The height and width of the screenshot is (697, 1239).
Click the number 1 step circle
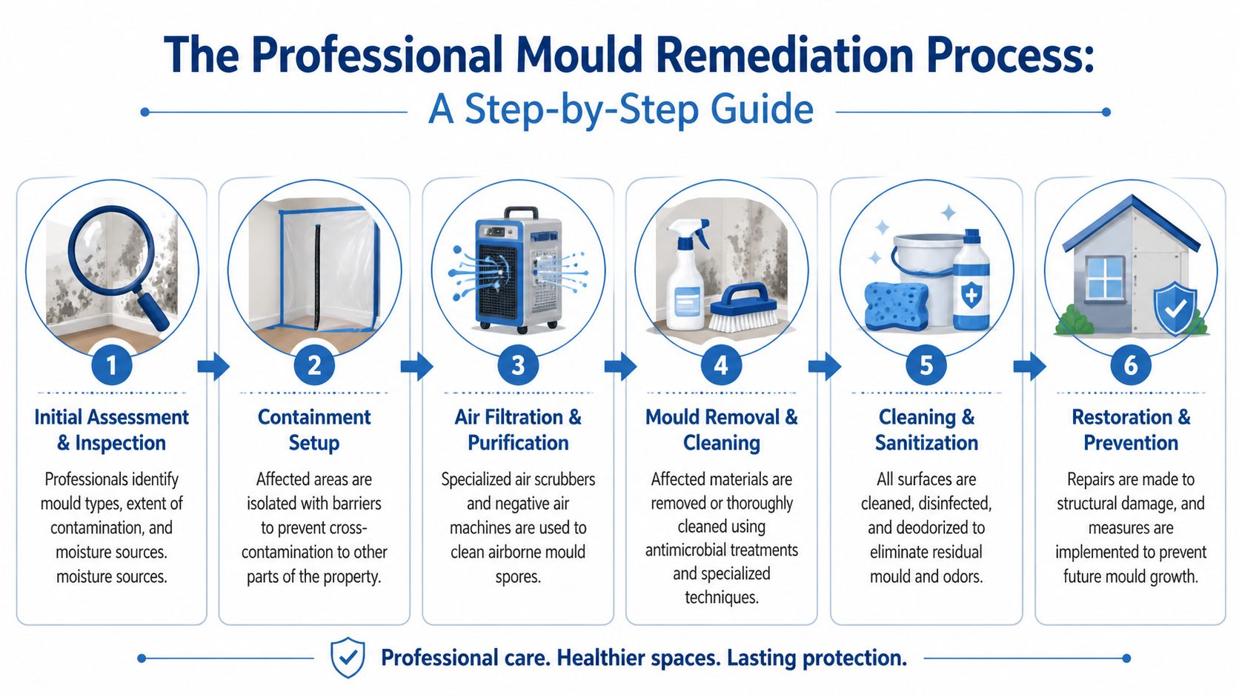coord(112,365)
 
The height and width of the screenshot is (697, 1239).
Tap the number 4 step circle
coord(721,365)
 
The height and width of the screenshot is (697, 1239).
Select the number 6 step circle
coord(1130,365)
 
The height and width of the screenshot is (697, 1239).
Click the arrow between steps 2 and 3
coord(416,366)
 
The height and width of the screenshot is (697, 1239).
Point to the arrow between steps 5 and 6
coord(1029,366)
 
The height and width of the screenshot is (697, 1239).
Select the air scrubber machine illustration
coord(518,270)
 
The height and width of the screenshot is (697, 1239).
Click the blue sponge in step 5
coord(896,304)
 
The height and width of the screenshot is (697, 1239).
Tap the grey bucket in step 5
coord(926,270)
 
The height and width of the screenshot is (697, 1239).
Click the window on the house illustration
coord(1104,278)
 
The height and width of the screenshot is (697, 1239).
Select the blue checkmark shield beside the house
coord(1175,307)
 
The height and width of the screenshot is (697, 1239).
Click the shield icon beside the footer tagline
coord(347,657)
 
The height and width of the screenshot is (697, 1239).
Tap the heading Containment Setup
coord(314,430)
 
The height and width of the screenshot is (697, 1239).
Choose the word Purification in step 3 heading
coord(518,443)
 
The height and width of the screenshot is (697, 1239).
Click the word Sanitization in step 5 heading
coord(926,443)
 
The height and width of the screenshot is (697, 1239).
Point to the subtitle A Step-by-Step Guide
coord(621,110)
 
